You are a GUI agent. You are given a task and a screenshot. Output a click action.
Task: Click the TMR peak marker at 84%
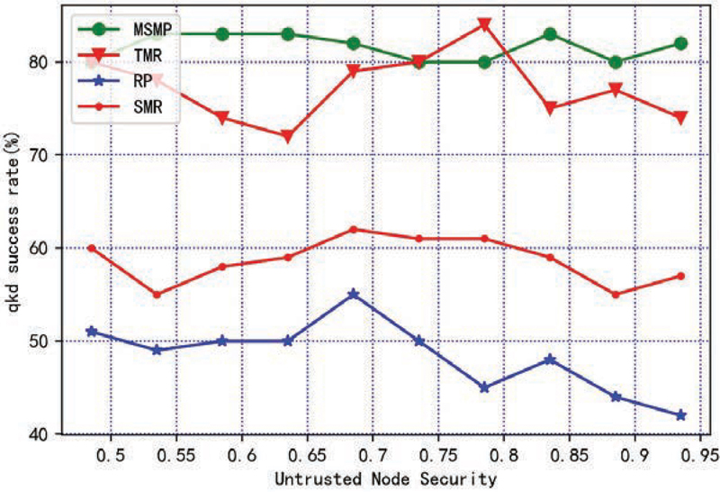pos(484,24)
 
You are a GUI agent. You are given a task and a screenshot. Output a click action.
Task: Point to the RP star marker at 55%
pos(353,294)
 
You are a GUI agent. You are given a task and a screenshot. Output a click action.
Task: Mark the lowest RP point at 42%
pos(680,415)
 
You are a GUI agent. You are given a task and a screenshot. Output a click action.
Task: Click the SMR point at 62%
pos(353,229)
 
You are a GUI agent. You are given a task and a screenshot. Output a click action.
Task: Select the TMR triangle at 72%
pos(287,136)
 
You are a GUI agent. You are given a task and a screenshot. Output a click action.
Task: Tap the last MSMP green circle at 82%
pos(680,43)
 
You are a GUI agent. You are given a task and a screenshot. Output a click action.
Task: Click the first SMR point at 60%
pos(91,248)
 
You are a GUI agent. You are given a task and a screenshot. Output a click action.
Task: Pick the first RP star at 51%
pos(91,332)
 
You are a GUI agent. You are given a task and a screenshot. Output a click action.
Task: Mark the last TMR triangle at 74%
pos(680,118)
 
